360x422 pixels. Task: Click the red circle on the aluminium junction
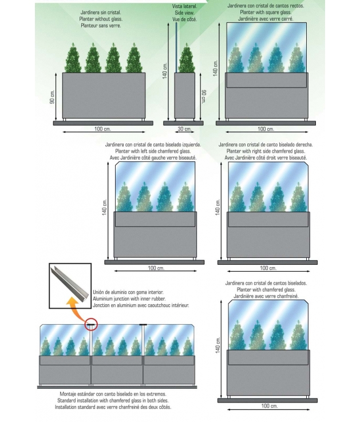coord(91,325)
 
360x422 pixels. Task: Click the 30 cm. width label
coord(184,129)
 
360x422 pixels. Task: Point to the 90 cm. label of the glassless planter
coord(52,98)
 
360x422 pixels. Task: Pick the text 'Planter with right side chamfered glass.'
coord(266,151)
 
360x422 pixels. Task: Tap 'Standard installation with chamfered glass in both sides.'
coord(113,401)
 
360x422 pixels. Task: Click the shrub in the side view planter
coord(185,59)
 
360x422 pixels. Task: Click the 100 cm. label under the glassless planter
coord(103,129)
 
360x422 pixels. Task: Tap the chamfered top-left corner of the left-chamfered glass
coord(118,164)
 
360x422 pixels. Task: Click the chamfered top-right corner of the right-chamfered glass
coord(307,164)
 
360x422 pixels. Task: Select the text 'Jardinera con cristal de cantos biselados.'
coord(266,283)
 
